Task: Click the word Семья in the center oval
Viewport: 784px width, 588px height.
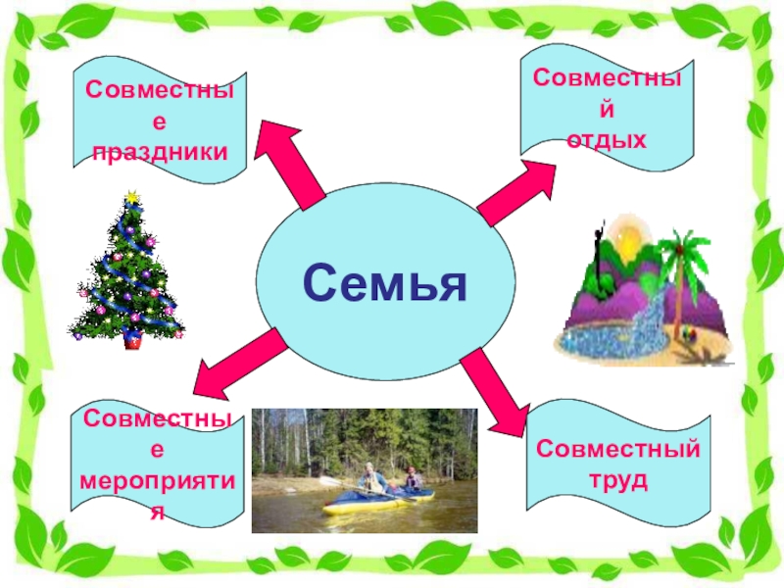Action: [385, 283]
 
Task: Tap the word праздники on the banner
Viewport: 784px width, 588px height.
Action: [160, 152]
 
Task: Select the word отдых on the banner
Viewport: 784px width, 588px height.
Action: [608, 140]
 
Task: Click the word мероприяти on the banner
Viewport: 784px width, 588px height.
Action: [161, 484]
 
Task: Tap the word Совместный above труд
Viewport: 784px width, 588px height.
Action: [618, 450]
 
